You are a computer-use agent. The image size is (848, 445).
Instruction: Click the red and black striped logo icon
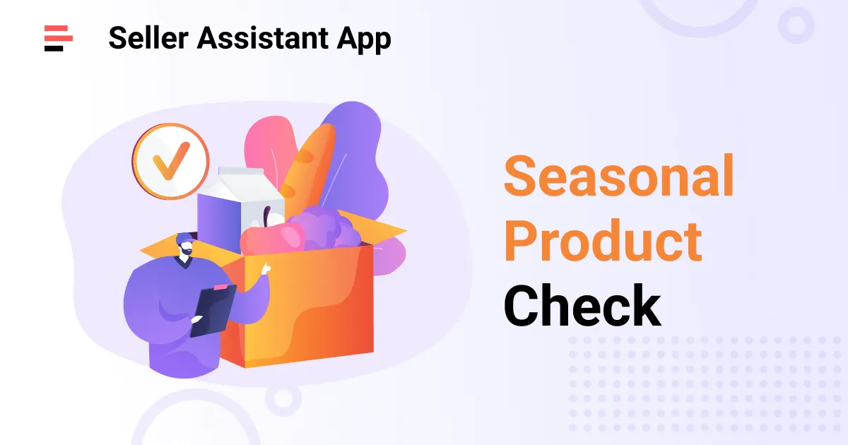pyautogui.click(x=58, y=37)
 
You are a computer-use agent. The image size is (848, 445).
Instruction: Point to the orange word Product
pyautogui.click(x=602, y=242)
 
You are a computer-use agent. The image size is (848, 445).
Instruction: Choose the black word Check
pyautogui.click(x=582, y=306)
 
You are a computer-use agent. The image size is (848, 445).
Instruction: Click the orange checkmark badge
pyautogui.click(x=170, y=160)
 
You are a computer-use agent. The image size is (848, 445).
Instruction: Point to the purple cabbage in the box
pyautogui.click(x=322, y=226)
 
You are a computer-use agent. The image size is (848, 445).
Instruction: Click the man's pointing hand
pyautogui.click(x=266, y=268)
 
